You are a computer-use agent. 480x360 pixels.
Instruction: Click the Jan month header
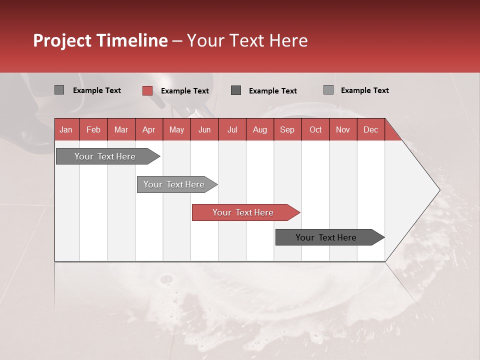(66, 129)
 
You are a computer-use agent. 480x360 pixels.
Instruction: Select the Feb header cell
(93, 129)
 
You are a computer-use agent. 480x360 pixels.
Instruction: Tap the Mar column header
(121, 129)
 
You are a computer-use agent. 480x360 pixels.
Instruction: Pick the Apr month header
(149, 129)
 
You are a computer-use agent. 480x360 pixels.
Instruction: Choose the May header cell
(176, 129)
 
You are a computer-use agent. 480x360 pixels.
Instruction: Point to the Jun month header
(204, 129)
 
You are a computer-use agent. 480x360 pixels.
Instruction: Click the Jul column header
(232, 129)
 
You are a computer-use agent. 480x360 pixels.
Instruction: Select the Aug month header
(260, 129)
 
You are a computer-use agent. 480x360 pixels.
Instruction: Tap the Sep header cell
(287, 129)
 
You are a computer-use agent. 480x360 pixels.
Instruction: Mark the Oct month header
(315, 129)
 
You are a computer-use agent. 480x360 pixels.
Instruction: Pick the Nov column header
(343, 129)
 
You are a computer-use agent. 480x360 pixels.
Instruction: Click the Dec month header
(371, 129)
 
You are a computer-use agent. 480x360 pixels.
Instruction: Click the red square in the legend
(147, 90)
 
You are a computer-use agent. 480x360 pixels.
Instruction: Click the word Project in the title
(62, 41)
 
